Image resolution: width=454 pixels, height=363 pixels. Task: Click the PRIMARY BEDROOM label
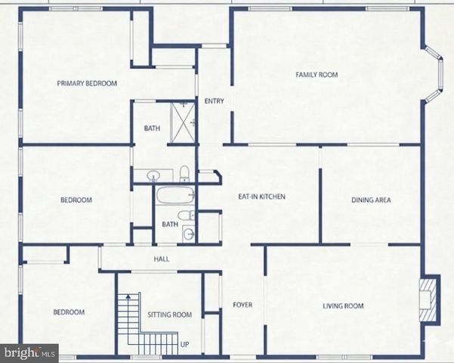tap(87, 84)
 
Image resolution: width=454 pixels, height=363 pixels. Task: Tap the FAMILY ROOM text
tap(316, 75)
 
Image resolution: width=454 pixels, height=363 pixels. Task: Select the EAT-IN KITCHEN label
tap(261, 197)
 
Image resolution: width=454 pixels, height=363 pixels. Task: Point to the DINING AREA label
tap(371, 200)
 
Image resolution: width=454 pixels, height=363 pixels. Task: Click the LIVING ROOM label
tap(343, 306)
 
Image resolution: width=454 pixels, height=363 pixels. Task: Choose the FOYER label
tap(242, 306)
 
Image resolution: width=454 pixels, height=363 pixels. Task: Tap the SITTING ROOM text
tap(169, 315)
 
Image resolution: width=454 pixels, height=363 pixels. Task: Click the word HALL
tap(161, 259)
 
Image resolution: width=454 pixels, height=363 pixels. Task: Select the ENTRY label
tap(214, 101)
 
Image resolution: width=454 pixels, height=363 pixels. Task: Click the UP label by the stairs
tap(184, 345)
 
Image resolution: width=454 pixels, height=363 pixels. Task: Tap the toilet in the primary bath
tap(184, 173)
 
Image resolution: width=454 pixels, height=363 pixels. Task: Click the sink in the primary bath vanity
tap(153, 175)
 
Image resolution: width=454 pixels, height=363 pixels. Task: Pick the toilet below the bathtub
tap(190, 216)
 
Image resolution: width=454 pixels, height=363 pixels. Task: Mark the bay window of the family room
tap(434, 74)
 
